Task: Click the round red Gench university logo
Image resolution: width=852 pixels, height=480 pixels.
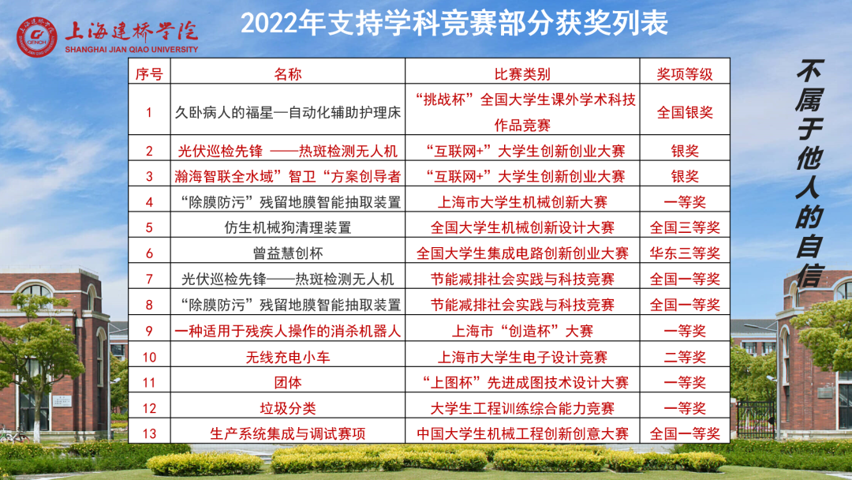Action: (x=36, y=37)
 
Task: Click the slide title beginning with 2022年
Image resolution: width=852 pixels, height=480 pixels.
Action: (x=454, y=24)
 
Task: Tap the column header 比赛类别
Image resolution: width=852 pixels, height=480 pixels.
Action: (x=522, y=74)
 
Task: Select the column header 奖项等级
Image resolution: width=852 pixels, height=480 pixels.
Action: (x=685, y=74)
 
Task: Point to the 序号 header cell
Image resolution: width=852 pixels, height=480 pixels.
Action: (x=149, y=74)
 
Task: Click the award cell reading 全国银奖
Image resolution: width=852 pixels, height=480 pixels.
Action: (x=685, y=113)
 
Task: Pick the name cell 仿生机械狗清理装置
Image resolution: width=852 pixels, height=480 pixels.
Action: (x=288, y=227)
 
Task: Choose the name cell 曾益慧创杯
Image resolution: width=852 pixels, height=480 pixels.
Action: (x=288, y=253)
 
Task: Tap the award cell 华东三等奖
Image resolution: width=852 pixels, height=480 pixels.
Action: (x=685, y=253)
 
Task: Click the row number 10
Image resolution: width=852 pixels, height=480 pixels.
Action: (x=149, y=357)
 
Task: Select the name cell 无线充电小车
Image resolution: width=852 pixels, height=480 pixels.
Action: (x=288, y=357)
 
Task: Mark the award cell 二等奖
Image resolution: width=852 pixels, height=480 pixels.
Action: (x=685, y=357)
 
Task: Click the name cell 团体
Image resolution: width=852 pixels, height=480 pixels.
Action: (x=288, y=383)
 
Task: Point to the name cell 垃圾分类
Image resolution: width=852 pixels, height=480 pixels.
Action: (x=288, y=408)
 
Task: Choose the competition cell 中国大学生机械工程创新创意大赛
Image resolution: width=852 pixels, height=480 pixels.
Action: (x=522, y=433)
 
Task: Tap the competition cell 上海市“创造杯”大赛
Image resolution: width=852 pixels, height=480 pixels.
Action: (x=522, y=331)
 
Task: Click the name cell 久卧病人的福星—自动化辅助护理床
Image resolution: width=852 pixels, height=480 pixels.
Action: (x=288, y=113)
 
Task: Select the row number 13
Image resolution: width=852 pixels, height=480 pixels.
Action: (x=149, y=433)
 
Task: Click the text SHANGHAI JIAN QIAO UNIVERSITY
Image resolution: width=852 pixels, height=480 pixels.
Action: (x=132, y=50)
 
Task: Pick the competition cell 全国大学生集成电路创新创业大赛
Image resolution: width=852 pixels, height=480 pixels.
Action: (x=522, y=253)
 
